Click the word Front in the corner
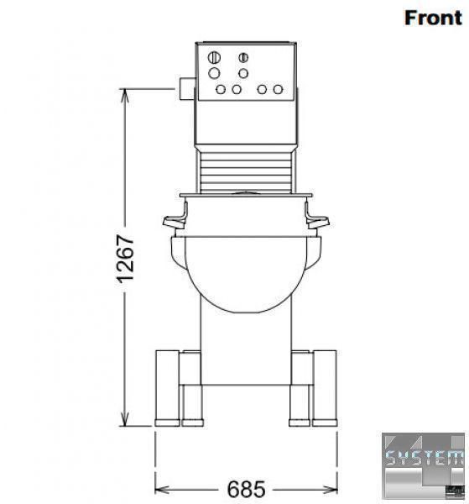coord(433,18)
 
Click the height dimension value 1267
coord(125,260)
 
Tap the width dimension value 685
coord(246,489)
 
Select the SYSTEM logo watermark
coord(423,465)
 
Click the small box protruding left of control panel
coord(187,88)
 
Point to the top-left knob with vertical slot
coord(214,58)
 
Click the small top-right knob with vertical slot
coord(243,57)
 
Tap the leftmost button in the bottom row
coord(221,89)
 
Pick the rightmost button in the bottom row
coord(278,89)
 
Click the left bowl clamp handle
coord(175,218)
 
